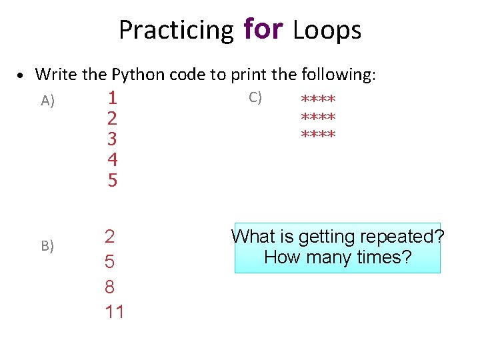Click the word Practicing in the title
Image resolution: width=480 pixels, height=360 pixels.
176,30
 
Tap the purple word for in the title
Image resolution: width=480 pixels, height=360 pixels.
264,29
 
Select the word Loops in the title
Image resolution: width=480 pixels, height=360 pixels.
327,30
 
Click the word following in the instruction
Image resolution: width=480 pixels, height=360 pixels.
339,74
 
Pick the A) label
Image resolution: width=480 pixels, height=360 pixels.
47,101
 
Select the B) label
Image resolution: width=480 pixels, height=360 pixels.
47,246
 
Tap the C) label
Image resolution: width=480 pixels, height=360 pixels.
255,97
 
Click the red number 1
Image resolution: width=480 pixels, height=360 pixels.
113,98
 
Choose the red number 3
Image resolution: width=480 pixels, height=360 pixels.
113,139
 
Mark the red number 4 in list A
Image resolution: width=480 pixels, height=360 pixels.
113,159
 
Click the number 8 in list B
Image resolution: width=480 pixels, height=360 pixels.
110,287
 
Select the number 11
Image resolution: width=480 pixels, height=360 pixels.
114,311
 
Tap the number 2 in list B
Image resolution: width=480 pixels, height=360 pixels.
110,237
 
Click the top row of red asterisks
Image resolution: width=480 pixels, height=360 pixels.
318,100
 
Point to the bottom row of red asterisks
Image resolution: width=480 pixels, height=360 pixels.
318,135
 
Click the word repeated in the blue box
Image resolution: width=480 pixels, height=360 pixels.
405,237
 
